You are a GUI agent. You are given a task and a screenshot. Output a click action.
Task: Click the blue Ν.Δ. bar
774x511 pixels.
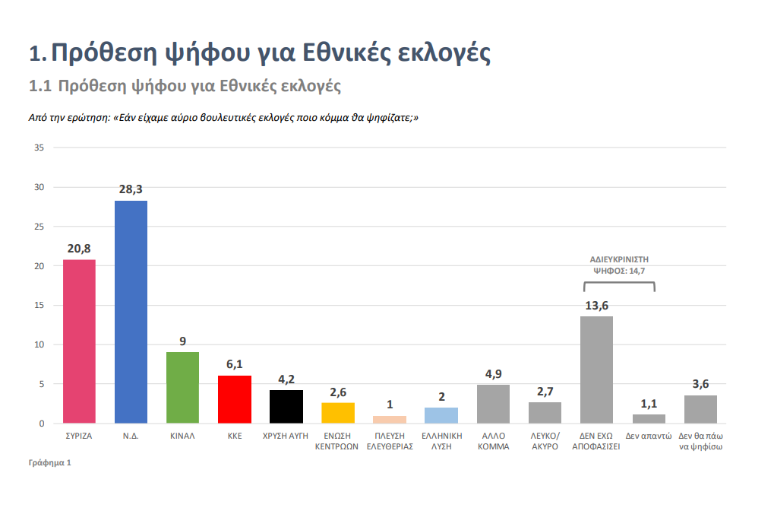[x=131, y=312]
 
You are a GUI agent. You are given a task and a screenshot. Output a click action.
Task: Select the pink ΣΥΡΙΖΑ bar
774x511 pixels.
[x=79, y=341]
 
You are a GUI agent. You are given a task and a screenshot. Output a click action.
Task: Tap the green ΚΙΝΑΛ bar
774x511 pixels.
[x=182, y=388]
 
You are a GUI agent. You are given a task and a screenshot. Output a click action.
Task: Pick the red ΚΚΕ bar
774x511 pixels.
[x=235, y=399]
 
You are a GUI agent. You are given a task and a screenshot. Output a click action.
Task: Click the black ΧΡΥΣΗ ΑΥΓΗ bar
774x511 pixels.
[x=286, y=407]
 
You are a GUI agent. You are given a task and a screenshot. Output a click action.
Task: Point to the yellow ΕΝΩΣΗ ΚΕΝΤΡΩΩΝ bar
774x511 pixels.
[x=338, y=413]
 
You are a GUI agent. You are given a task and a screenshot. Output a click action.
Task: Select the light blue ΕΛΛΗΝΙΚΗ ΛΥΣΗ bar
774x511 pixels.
[x=441, y=416]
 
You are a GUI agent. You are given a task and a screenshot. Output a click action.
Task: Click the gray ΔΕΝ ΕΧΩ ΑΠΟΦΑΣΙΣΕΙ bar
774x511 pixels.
[x=597, y=370]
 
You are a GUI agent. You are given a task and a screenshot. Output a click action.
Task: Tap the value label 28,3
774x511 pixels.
[x=131, y=189]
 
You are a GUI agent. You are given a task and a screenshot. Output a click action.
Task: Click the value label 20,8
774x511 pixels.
[x=79, y=249]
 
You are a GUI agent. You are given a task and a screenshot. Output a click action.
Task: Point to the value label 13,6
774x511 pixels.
[x=597, y=306]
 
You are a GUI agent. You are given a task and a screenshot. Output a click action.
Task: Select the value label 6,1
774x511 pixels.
[x=235, y=364]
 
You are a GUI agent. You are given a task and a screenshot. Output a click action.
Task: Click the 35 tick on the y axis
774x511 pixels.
[x=39, y=148]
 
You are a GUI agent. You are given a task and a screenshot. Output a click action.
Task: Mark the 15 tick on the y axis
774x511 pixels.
[x=39, y=306]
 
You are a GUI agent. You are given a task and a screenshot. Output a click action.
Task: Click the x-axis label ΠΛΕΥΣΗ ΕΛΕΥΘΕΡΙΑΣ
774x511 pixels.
[x=390, y=441]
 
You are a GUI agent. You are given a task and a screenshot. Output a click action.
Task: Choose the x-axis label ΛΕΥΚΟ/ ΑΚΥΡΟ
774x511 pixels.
[x=545, y=441]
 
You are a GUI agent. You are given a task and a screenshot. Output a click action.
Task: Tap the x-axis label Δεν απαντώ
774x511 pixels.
[x=649, y=436]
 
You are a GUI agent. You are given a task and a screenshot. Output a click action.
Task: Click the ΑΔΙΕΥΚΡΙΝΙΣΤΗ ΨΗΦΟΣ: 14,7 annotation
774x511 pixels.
[x=620, y=265]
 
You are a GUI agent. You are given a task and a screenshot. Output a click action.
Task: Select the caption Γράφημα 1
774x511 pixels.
[x=50, y=463]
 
